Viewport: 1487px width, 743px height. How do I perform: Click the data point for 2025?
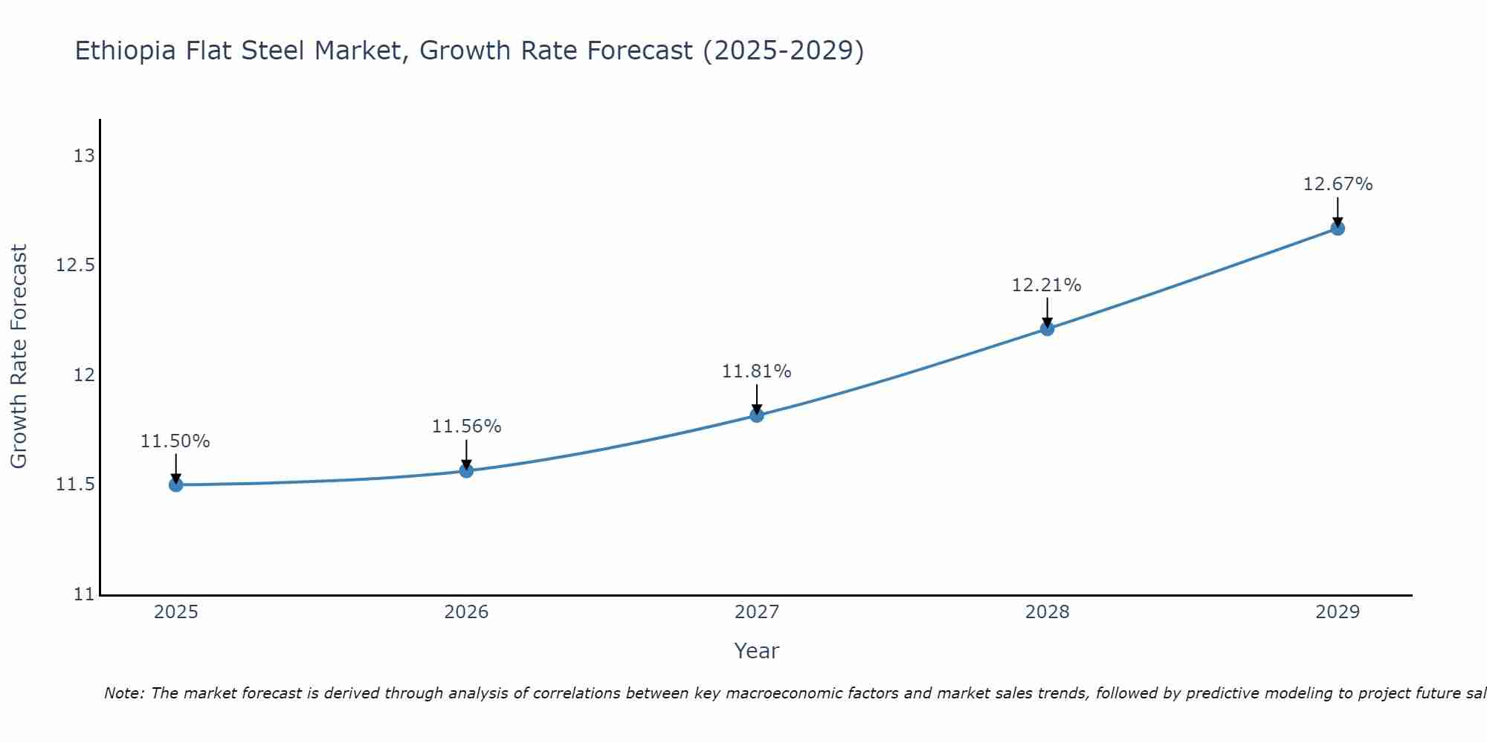[x=175, y=484]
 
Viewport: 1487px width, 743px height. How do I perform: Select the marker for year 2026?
[x=466, y=470]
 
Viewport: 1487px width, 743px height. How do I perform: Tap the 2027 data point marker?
[x=757, y=415]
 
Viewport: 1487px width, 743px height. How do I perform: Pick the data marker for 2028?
[x=1047, y=328]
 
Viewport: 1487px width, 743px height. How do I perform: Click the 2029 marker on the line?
[x=1338, y=228]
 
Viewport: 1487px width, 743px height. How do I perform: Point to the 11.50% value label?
[x=175, y=441]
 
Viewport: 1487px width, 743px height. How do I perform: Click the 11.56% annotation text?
[x=466, y=426]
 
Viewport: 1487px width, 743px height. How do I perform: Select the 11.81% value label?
[x=757, y=371]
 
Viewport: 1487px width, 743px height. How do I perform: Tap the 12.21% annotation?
[x=1047, y=285]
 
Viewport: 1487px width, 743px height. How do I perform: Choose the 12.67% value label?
[x=1338, y=184]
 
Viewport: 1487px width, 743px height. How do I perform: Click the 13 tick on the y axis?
[x=84, y=156]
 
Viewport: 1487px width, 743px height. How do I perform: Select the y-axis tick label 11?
[x=84, y=594]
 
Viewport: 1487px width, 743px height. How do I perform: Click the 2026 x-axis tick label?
[x=466, y=612]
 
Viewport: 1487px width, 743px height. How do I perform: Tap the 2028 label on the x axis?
[x=1047, y=612]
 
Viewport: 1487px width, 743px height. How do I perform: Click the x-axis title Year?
[x=756, y=651]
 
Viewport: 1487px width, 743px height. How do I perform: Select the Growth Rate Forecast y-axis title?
[x=19, y=357]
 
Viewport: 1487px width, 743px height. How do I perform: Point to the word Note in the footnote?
[x=123, y=693]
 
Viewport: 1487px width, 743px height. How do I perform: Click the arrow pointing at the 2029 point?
[x=1338, y=211]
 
